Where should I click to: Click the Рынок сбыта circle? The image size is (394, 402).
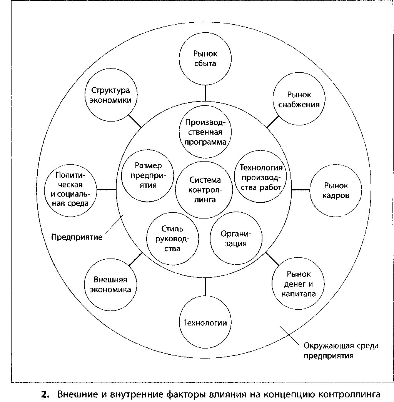point(205,59)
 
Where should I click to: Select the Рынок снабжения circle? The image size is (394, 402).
point(299,99)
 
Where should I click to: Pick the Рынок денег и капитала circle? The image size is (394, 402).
point(299,284)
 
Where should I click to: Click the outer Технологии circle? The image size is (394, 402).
point(205,322)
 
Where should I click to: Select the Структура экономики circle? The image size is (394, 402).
point(110,95)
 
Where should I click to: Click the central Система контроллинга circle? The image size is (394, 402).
point(205,190)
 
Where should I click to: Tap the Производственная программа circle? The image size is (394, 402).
point(205,132)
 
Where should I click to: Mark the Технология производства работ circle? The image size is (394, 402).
point(261,178)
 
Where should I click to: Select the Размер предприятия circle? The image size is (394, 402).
point(148,175)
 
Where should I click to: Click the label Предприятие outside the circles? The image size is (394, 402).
point(77,237)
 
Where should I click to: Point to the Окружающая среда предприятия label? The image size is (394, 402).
point(341,350)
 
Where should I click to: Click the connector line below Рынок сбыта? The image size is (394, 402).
point(205,93)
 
